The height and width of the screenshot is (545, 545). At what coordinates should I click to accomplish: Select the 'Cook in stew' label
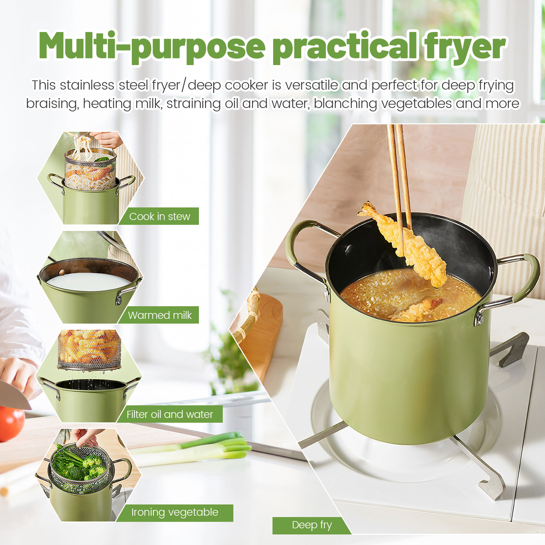click(x=159, y=216)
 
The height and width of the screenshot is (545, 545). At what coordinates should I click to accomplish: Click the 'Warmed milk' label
click(x=160, y=315)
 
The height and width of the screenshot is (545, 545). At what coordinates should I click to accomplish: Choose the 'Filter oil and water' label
click(x=170, y=414)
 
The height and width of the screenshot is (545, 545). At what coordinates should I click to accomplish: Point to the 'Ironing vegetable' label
click(x=175, y=512)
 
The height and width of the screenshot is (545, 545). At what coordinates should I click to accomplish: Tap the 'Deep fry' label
click(x=312, y=525)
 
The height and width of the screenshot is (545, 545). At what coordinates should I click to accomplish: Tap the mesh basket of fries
click(x=89, y=349)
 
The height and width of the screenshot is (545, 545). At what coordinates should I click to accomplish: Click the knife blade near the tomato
click(x=14, y=395)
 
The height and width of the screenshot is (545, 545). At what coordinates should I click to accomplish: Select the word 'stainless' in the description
click(x=87, y=85)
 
